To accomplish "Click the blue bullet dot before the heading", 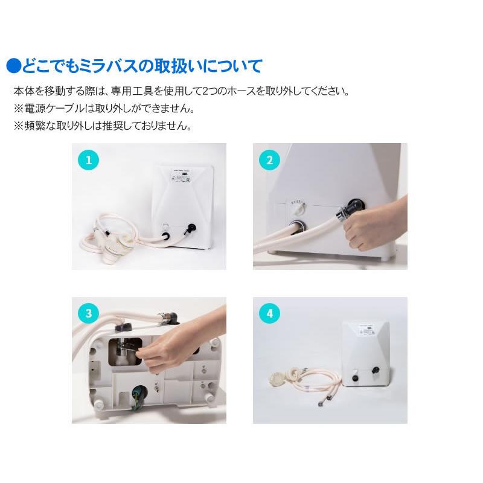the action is (x=13, y=66).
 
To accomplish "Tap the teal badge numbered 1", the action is (x=88, y=160).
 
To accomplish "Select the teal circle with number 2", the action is (x=269, y=160).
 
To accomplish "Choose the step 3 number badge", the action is (x=88, y=313).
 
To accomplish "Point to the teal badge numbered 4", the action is (x=269, y=313).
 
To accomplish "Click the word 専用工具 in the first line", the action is (x=132, y=91).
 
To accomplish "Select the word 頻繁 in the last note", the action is (x=35, y=126).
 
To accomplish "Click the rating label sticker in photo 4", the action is (x=366, y=331).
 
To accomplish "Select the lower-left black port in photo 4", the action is (x=355, y=378).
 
